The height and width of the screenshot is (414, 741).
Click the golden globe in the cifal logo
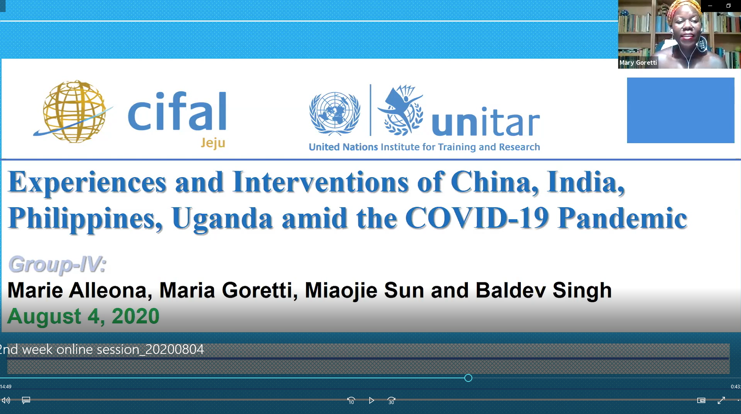(x=74, y=111)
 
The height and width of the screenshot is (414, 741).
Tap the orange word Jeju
(x=213, y=143)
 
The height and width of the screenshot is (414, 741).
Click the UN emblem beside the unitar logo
(x=334, y=114)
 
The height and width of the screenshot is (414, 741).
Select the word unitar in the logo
(x=486, y=121)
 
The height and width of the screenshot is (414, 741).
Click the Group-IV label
(x=57, y=265)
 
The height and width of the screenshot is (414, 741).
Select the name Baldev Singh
(x=543, y=291)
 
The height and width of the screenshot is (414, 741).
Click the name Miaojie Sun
(x=364, y=291)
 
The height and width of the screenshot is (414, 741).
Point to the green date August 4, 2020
(x=83, y=316)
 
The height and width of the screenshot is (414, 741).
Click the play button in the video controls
(x=371, y=400)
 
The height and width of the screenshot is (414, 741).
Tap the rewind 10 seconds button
(x=351, y=400)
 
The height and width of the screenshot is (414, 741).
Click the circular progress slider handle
(x=468, y=378)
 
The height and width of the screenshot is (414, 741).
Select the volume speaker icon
(x=6, y=400)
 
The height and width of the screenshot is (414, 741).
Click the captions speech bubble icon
(x=26, y=400)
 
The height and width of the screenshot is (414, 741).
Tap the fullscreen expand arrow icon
(x=721, y=400)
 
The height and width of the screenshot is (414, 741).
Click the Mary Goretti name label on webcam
(x=638, y=63)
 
